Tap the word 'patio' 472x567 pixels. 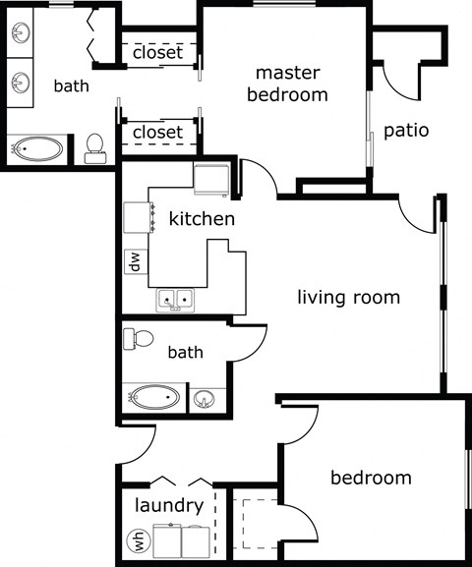pos(405,130)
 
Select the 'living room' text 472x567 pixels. pos(349,297)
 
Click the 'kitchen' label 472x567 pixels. pos(202,218)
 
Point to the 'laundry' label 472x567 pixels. pos(168,507)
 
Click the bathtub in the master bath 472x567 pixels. pos(37,150)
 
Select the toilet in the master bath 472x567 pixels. pos(95,147)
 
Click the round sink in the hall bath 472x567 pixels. pos(205,399)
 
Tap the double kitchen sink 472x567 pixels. pos(175,298)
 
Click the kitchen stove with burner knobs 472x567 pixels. pos(136,216)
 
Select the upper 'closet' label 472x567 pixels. pos(157,52)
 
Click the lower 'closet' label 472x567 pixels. pos(157,132)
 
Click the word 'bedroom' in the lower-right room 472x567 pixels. pos(370,479)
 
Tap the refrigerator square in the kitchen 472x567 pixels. pos(211,180)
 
